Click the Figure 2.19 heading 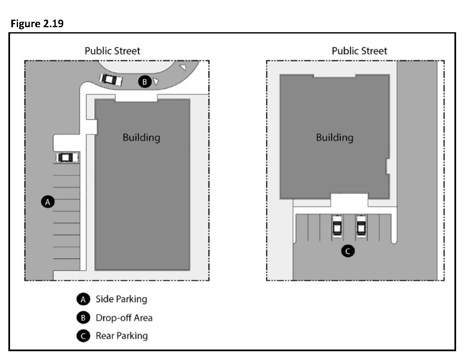pos(37,23)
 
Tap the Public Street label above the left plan pos(112,51)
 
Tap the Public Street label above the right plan pos(359,51)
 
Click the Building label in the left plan pos(142,138)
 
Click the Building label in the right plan pos(335,138)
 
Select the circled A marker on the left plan pos(48,202)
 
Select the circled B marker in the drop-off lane pos(145,82)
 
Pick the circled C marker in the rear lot pos(348,251)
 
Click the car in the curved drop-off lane pos(111,80)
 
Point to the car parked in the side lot pos(67,157)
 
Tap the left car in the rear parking pos(337,226)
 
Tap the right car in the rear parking pos(361,226)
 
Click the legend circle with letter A pos(83,299)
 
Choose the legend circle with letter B pos(83,318)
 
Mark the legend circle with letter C pos(83,336)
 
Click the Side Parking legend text pos(121,299)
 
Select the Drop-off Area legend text pos(124,318)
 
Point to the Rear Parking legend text pos(121,336)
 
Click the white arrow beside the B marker pos(156,81)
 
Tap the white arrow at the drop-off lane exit pos(183,67)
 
